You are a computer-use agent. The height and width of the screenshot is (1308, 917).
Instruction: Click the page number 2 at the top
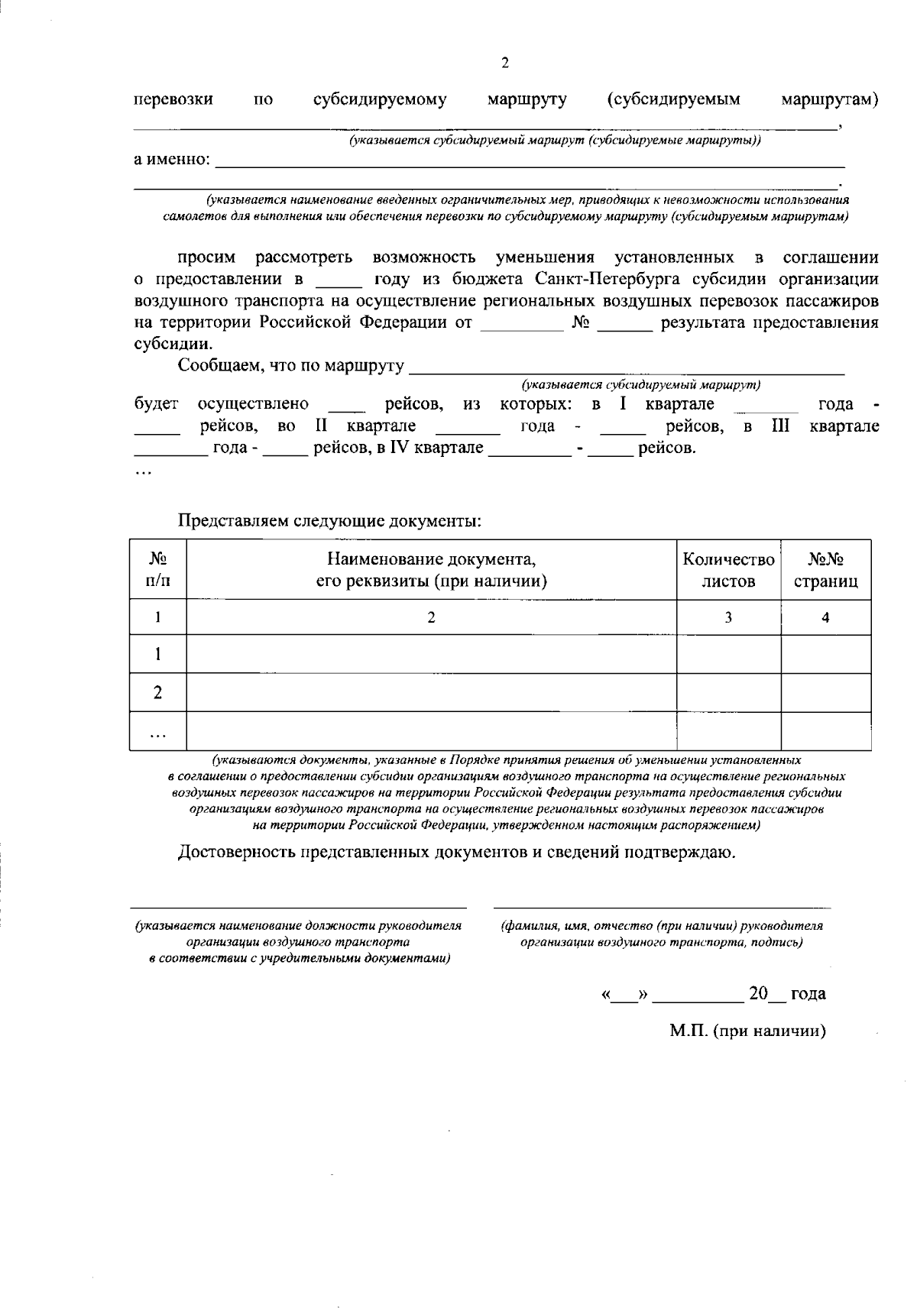click(x=504, y=63)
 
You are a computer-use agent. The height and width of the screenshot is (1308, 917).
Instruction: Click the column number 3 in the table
click(x=728, y=617)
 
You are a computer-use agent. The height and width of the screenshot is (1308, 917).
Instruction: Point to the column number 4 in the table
click(x=825, y=617)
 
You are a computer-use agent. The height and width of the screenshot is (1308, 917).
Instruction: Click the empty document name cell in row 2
click(x=432, y=692)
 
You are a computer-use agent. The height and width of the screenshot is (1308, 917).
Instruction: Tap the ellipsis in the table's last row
click(x=157, y=732)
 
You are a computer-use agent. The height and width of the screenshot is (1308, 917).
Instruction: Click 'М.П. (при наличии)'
click(x=747, y=1031)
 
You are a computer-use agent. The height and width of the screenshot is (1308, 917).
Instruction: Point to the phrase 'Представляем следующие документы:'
click(x=329, y=522)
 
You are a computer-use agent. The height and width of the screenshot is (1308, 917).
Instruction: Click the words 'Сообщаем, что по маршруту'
click(x=290, y=365)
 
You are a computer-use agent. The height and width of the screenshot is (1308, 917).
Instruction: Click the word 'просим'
click(x=206, y=257)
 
